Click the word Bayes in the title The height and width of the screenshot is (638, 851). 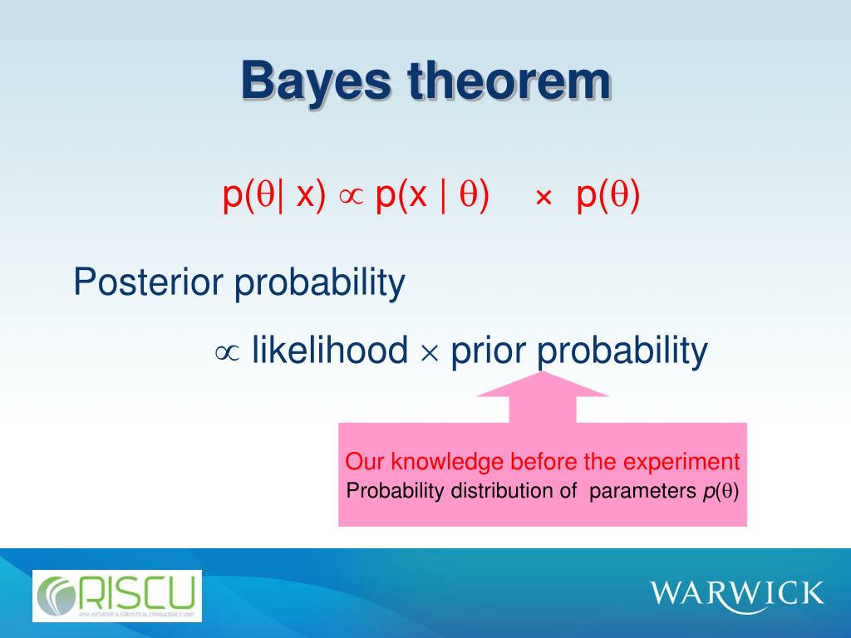(x=316, y=82)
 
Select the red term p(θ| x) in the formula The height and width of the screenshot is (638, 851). (x=274, y=194)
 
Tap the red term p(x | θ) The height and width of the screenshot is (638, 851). (x=432, y=194)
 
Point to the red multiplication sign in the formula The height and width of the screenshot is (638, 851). (x=544, y=198)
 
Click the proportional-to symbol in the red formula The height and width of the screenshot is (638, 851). (x=351, y=197)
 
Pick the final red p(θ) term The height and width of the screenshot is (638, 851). (x=608, y=194)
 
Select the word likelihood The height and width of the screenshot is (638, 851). (x=330, y=349)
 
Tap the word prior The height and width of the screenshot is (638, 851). (x=489, y=351)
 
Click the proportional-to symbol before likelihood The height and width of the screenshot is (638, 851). (x=227, y=352)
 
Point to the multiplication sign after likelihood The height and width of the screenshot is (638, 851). (x=430, y=353)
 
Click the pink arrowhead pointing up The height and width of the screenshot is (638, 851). (x=542, y=385)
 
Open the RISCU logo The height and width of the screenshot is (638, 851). (x=117, y=596)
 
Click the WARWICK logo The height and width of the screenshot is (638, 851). (x=736, y=594)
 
